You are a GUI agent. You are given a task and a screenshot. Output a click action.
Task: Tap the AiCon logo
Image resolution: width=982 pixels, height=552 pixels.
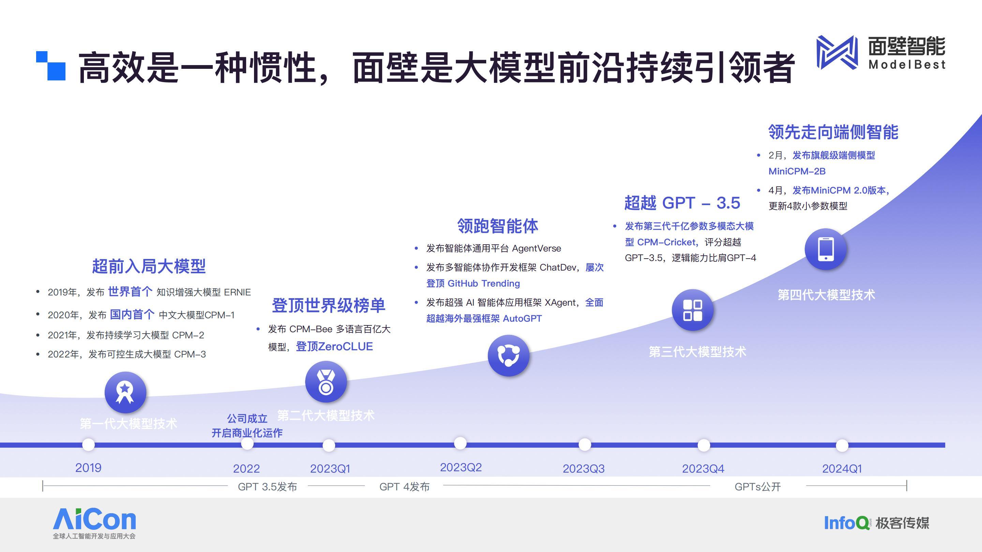click(94, 523)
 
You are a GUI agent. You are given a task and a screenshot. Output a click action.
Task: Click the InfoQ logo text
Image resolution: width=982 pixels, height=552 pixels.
click(847, 523)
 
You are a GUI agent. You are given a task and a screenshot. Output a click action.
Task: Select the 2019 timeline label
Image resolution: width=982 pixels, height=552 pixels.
click(88, 468)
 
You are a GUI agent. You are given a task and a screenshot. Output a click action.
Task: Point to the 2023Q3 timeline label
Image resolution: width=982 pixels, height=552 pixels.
click(584, 469)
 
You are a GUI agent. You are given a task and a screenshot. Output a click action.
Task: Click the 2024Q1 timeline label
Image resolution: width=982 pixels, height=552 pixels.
click(842, 469)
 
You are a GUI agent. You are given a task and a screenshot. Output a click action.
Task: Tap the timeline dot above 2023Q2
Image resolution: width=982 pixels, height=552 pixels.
click(460, 443)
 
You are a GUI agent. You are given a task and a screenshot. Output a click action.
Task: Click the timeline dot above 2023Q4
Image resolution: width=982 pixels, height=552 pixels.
click(704, 445)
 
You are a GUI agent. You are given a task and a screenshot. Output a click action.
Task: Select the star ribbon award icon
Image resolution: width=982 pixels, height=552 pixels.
click(125, 393)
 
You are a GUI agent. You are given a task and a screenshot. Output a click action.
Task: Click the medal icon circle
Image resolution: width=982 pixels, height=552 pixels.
click(326, 382)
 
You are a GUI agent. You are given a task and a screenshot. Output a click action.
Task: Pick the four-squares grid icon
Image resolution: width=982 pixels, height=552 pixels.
click(693, 310)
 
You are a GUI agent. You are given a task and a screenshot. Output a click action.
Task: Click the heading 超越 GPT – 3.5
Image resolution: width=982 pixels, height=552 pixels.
click(682, 203)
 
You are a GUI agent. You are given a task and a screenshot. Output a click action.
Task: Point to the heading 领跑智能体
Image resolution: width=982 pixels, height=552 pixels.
click(497, 226)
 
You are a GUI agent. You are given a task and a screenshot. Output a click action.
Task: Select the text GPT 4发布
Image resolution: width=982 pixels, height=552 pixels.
click(404, 487)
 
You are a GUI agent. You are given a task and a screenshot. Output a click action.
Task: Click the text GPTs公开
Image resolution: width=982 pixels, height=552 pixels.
click(757, 487)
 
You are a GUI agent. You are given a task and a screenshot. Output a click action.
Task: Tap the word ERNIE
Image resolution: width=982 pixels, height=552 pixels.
click(237, 292)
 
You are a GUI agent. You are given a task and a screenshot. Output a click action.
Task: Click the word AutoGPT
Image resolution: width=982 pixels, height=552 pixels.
click(522, 319)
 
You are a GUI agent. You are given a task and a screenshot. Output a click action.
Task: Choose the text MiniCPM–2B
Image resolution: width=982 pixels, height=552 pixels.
click(797, 171)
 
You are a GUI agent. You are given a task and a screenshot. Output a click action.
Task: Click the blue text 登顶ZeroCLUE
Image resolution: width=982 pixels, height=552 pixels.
click(334, 346)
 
